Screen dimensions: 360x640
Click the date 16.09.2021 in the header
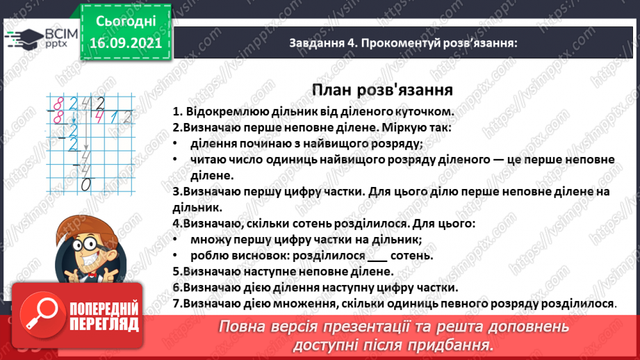[126, 43]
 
